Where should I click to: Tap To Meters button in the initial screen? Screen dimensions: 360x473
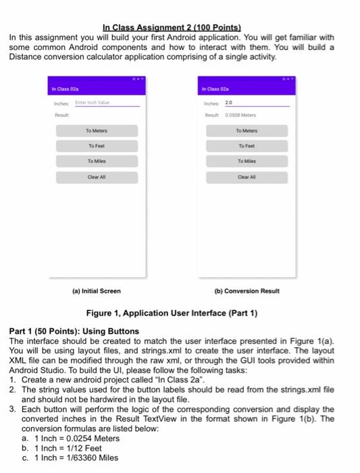[97, 130]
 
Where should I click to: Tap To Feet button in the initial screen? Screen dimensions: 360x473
[97, 146]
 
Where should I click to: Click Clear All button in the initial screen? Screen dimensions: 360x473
[97, 177]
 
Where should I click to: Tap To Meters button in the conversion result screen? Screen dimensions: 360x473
[247, 130]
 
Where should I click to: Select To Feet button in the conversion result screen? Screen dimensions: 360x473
[247, 146]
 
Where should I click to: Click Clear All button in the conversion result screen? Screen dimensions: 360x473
[247, 177]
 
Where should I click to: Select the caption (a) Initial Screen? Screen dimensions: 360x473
[97, 291]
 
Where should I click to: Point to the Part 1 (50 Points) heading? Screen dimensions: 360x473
[74, 331]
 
